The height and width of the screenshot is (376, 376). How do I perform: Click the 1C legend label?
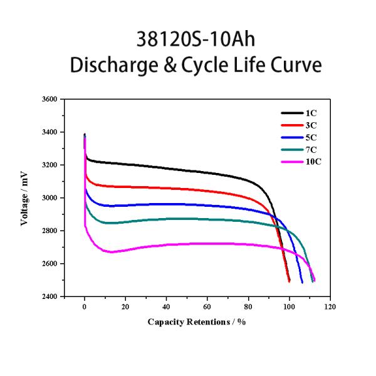point(311,113)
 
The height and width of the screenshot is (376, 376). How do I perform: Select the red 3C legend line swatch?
point(291,125)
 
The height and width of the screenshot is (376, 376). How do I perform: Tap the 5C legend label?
point(311,137)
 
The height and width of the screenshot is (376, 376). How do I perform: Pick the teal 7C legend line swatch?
point(291,149)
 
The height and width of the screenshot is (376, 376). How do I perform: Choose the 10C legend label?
point(313,161)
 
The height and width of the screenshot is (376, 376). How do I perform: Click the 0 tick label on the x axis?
point(85,307)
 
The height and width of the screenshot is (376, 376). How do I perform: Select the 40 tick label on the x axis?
point(167,307)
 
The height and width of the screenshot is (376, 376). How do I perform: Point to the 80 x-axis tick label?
point(248,307)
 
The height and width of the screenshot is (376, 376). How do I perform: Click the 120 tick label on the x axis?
point(330,307)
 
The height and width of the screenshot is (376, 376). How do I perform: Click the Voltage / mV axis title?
point(25,198)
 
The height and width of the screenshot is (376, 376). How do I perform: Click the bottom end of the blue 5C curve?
point(302,282)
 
